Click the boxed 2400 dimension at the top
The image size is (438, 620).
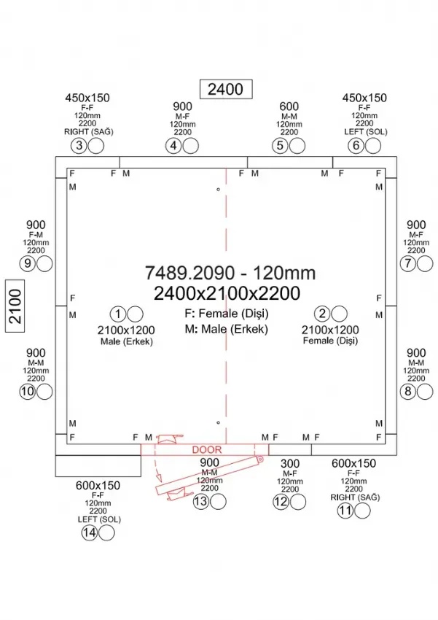[x=225, y=89]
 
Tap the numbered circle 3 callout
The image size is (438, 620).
[x=79, y=146]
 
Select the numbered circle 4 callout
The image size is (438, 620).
[x=173, y=146]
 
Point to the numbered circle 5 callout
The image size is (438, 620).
[x=280, y=146]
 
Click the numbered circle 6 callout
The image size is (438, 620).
[x=356, y=146]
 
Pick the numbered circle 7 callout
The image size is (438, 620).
[x=407, y=264]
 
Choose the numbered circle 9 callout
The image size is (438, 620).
[x=28, y=264]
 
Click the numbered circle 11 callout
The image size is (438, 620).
[x=345, y=511]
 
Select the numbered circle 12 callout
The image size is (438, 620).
[x=281, y=502]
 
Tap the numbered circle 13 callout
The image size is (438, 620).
[x=200, y=502]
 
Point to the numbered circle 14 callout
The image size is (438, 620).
[x=90, y=533]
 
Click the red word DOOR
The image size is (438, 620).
[x=206, y=450]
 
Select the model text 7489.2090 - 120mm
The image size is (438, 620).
[x=230, y=273]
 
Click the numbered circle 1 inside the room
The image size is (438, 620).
[x=119, y=314]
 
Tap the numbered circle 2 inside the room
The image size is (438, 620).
[x=321, y=314]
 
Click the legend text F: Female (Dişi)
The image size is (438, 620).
[x=227, y=314]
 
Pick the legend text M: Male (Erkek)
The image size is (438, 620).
[x=227, y=329]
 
